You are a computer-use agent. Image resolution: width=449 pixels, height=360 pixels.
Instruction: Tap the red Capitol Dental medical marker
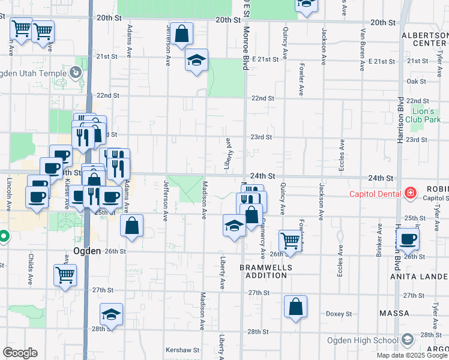(411, 193)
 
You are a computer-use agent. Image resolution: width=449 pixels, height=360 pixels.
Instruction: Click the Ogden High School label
(362, 340)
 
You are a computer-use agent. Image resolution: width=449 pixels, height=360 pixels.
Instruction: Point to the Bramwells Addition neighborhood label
(265, 271)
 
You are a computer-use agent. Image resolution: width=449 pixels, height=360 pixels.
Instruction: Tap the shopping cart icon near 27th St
(64, 275)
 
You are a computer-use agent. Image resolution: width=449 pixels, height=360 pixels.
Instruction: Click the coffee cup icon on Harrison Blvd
(408, 239)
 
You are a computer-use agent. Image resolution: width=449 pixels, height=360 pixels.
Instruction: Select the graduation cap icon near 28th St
(110, 314)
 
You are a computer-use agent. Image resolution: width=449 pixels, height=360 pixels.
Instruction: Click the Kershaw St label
(182, 350)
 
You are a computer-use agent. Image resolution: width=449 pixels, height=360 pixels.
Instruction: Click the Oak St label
(415, 81)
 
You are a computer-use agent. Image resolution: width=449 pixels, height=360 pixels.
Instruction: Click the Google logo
(20, 353)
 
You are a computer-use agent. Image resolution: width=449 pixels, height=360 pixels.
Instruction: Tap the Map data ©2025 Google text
(412, 355)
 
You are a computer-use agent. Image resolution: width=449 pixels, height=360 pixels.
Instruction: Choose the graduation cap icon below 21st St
(196, 60)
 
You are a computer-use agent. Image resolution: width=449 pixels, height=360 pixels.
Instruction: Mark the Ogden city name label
(86, 251)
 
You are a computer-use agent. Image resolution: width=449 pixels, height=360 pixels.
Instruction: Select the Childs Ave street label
(30, 268)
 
